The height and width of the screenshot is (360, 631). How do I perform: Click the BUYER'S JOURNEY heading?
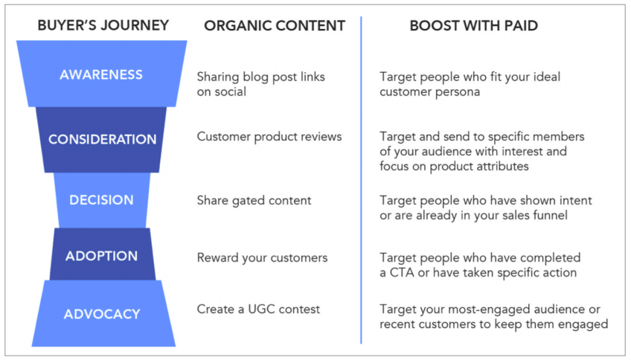(103, 25)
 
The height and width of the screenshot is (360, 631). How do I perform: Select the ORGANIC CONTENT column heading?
(275, 26)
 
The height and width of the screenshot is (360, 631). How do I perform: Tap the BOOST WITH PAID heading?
(474, 26)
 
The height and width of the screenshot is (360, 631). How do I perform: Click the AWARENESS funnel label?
(101, 74)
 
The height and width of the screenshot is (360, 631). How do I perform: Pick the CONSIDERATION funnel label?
(102, 139)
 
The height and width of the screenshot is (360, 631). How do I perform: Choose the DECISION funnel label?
(101, 200)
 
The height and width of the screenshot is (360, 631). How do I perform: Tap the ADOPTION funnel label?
(101, 256)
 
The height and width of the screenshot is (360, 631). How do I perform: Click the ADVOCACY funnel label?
(102, 314)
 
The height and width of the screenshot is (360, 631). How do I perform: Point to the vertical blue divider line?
(361, 180)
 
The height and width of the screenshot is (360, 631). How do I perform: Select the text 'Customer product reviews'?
(269, 137)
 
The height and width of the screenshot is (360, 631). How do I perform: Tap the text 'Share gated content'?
(254, 201)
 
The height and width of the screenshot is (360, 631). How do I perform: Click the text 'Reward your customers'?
(262, 258)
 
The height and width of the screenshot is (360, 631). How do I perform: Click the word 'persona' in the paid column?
(454, 92)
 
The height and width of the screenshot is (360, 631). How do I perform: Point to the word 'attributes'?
(501, 166)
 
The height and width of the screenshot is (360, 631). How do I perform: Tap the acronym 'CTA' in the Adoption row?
(402, 273)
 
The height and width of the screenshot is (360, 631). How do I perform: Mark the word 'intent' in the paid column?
(574, 200)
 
